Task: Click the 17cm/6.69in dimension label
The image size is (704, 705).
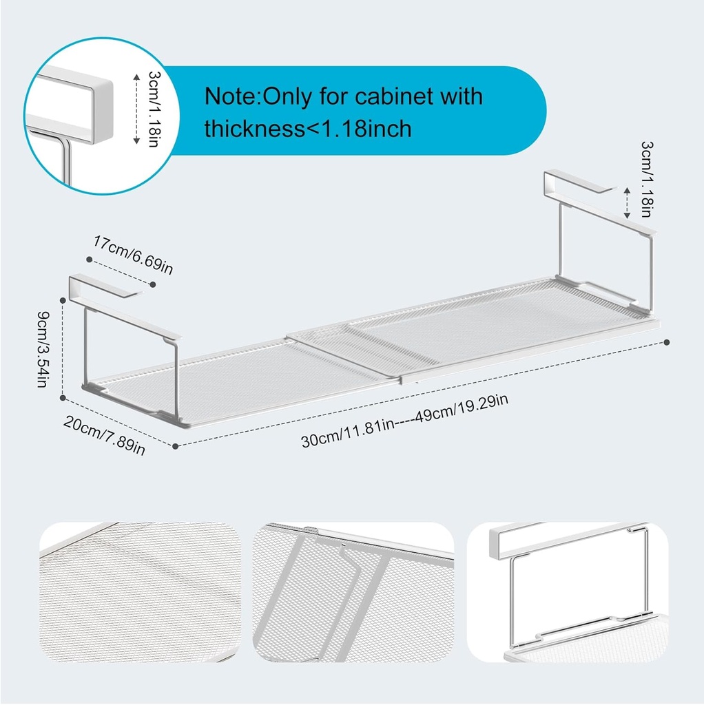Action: (133, 255)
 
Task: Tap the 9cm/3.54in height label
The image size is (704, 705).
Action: (43, 349)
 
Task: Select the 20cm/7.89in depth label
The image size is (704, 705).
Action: (105, 435)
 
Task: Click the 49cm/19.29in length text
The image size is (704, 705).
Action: (462, 408)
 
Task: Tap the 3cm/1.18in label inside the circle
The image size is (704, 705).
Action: (154, 109)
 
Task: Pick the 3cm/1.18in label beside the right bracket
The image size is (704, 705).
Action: (647, 180)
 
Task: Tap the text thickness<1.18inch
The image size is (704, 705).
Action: (308, 129)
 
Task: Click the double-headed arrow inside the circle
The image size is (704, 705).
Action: (136, 109)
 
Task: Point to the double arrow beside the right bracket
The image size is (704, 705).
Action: (627, 203)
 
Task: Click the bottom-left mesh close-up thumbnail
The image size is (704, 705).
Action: (141, 591)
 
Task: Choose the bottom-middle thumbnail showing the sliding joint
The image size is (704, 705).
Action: (353, 591)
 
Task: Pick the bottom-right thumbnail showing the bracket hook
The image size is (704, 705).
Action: (568, 591)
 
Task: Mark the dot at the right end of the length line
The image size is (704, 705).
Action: (667, 343)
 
